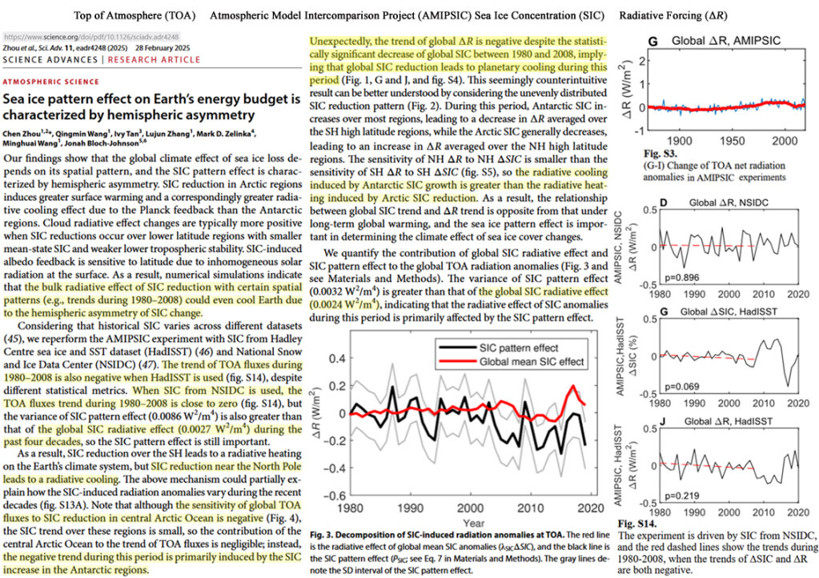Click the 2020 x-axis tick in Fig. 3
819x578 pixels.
pos(590,508)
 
